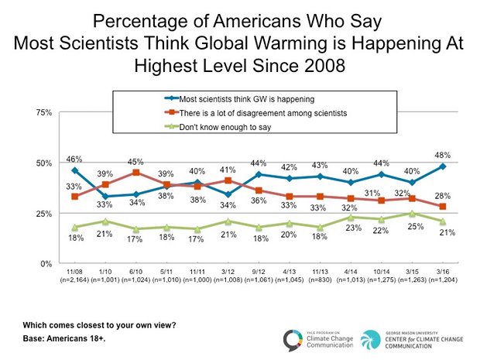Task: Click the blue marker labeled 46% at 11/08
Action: click(x=74, y=170)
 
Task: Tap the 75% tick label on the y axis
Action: click(x=44, y=112)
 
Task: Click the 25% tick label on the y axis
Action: click(x=44, y=214)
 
